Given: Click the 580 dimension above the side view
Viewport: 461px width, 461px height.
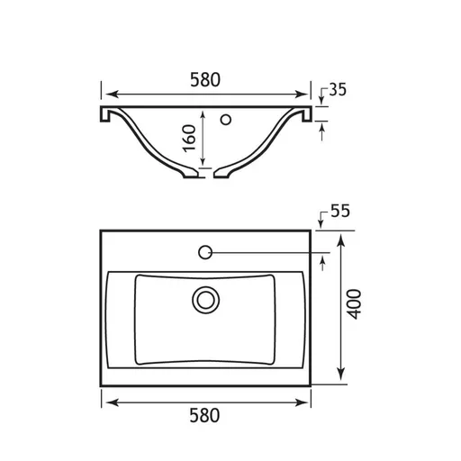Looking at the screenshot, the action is pyautogui.click(x=205, y=80).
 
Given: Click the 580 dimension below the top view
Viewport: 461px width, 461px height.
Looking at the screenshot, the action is pyautogui.click(x=204, y=416).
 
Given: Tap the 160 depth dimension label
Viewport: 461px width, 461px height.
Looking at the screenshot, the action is pyautogui.click(x=190, y=139).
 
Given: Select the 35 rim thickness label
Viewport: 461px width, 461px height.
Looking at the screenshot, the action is pyautogui.click(x=338, y=89).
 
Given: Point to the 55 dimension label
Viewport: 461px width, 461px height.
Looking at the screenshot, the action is pyautogui.click(x=340, y=211).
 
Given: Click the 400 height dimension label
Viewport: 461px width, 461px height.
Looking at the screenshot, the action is pyautogui.click(x=354, y=304).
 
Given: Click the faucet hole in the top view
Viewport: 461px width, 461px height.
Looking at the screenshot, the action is pyautogui.click(x=205, y=252).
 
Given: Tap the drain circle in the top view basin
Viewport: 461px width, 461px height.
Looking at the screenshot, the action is pyautogui.click(x=206, y=300).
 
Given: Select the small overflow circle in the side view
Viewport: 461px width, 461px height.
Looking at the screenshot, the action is pyautogui.click(x=226, y=120).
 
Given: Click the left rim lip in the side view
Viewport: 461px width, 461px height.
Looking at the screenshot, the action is pyautogui.click(x=105, y=114).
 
